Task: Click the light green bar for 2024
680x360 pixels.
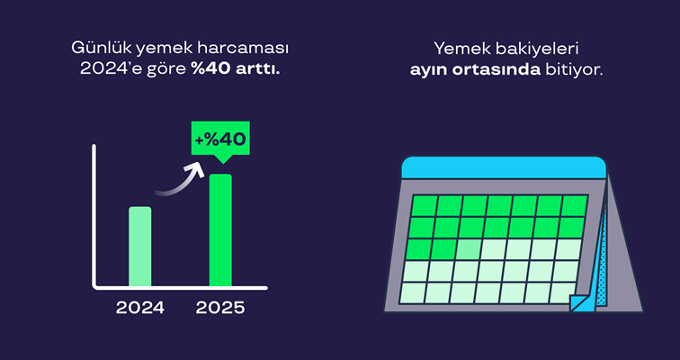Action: tap(139, 246)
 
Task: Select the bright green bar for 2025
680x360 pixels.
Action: tap(220, 229)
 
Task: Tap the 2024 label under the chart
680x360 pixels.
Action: tap(139, 308)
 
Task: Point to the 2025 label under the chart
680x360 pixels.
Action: tap(220, 308)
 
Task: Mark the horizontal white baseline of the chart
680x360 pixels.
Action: tap(180, 288)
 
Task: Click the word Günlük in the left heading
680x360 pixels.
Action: tap(98, 46)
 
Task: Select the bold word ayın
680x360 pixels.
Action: tap(430, 67)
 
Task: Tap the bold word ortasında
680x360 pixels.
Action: tap(497, 67)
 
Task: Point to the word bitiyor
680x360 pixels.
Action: tap(574, 67)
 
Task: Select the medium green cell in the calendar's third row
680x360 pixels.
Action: tap(468, 249)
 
